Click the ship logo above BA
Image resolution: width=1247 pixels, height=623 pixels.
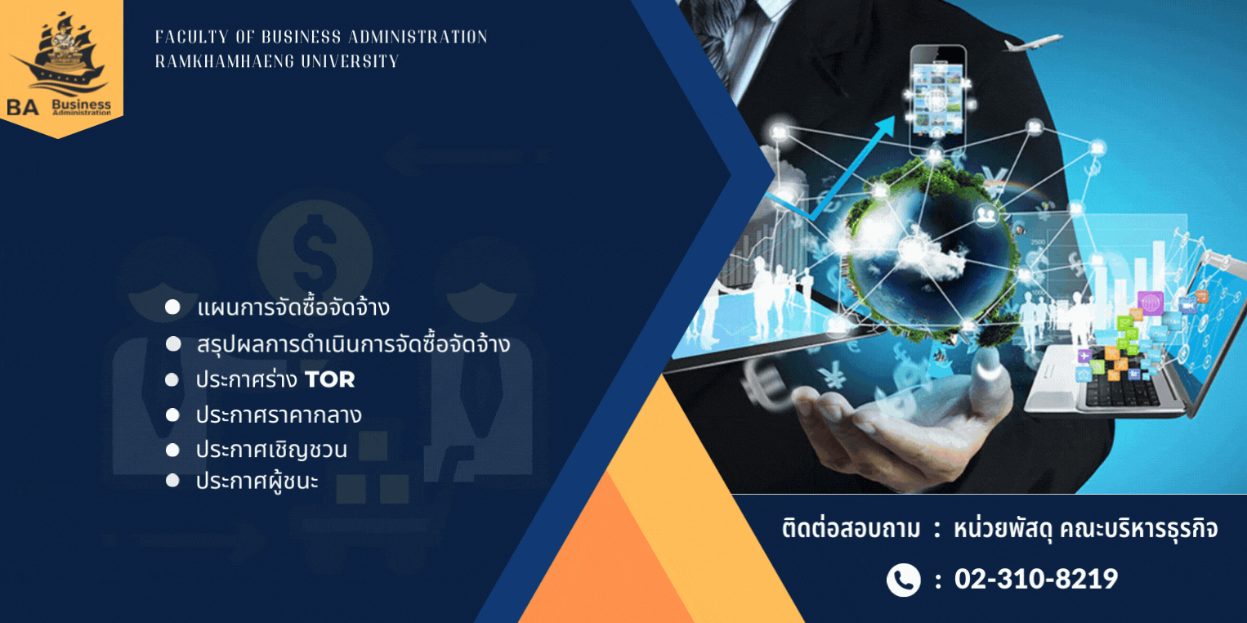pos(61,54)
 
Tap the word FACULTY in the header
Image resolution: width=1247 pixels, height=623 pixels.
pos(191,37)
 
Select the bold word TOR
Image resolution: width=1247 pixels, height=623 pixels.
pos(329,379)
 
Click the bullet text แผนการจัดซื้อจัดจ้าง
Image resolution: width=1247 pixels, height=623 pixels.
pos(293,307)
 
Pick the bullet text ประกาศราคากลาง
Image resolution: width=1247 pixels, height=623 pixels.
pos(279,415)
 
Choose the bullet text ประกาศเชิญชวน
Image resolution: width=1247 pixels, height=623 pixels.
pos(271,450)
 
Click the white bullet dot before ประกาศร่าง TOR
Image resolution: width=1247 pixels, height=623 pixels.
pos(172,379)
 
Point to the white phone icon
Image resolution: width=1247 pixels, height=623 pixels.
pos(903,580)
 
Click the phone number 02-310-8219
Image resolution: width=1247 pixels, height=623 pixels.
pos(1036,579)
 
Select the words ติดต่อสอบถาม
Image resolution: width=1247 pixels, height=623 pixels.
pos(851,528)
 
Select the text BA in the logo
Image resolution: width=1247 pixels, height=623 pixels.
pos(22,107)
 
